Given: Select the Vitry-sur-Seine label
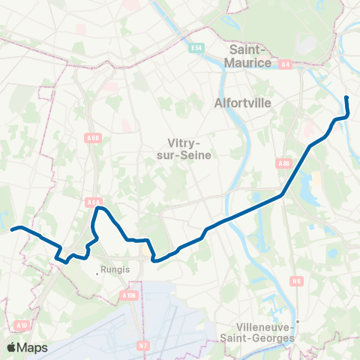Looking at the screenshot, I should pyautogui.click(x=187, y=148).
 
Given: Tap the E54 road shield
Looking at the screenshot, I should pyautogui.click(x=196, y=49).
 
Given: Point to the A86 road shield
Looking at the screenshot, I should pyautogui.click(x=283, y=163).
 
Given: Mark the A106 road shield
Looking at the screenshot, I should pyautogui.click(x=128, y=295).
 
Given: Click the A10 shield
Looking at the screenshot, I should pyautogui.click(x=21, y=325).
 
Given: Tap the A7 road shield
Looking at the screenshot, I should pyautogui.click(x=143, y=346).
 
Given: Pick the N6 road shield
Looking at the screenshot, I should pyautogui.click(x=297, y=281).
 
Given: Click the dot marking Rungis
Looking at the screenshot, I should pyautogui.click(x=97, y=274).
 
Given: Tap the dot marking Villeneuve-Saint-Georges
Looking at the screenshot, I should pyautogui.click(x=298, y=323).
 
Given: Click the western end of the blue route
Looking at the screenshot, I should pyautogui.click(x=13, y=229).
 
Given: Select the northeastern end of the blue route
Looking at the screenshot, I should pyautogui.click(x=346, y=98).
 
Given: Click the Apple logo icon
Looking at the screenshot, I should pyautogui.click(x=12, y=347).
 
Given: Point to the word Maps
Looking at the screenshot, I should pyautogui.click(x=33, y=347).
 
